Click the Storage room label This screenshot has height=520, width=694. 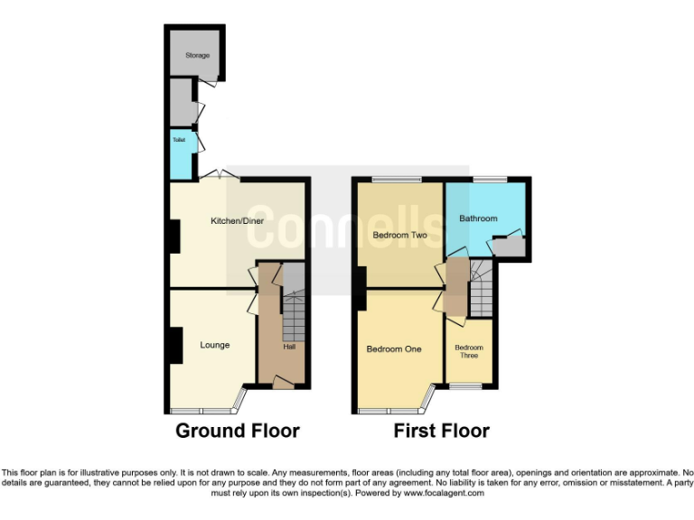click(x=197, y=56)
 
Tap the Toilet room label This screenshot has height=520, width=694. click(x=179, y=141)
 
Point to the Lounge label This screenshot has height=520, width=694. click(x=214, y=345)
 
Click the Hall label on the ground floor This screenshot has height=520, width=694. click(x=289, y=347)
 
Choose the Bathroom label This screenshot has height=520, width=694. click(x=478, y=218)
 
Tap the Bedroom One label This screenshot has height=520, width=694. click(x=394, y=348)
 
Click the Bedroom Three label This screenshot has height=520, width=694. click(x=469, y=351)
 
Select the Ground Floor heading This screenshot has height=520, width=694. click(x=237, y=431)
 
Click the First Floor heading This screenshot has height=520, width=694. click(x=441, y=431)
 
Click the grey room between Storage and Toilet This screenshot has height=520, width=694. click(x=182, y=102)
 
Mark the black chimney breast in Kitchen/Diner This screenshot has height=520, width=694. click(x=172, y=237)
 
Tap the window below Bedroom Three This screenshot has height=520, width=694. click(x=466, y=387)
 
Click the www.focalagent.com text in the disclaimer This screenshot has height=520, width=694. click(x=444, y=493)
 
